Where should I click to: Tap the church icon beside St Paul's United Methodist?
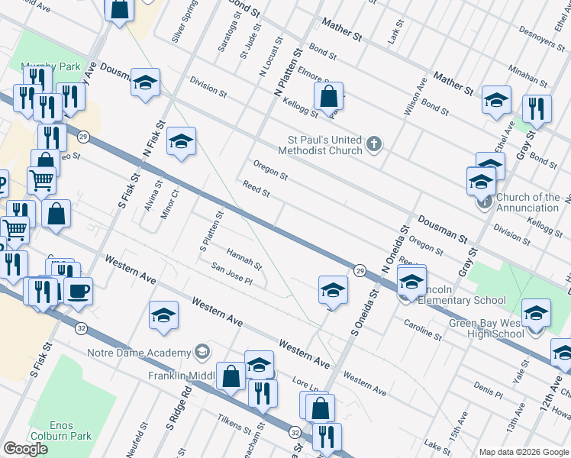point(373,144)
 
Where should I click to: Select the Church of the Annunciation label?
point(527,203)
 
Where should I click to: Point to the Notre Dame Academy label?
point(139,353)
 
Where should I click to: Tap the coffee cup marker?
point(78,290)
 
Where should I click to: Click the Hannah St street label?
point(244,259)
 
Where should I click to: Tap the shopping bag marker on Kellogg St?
point(328,97)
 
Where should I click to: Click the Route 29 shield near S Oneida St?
point(359,269)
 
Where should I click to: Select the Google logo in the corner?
point(25,449)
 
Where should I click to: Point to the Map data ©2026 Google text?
point(524,452)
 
